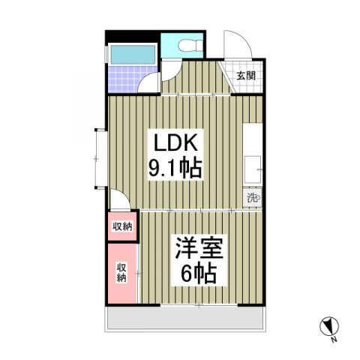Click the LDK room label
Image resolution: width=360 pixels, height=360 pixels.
click(x=175, y=142)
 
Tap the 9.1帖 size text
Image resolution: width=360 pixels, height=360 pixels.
click(x=175, y=167)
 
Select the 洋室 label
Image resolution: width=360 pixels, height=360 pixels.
click(x=199, y=248)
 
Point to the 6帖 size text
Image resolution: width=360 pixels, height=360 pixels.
click(x=199, y=273)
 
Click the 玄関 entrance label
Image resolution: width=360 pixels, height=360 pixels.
click(x=246, y=76)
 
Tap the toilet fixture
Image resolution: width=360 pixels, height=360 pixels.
click(x=190, y=45)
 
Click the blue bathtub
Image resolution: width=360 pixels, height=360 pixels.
click(x=133, y=55)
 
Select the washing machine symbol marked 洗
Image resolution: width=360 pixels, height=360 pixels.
click(x=253, y=198)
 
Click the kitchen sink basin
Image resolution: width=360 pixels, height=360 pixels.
click(x=253, y=169)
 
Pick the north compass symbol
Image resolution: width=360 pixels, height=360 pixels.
click(x=329, y=326)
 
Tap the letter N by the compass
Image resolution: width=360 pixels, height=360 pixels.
click(x=334, y=340)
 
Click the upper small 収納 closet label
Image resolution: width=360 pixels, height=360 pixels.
click(x=122, y=226)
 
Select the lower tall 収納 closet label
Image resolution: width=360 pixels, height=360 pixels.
click(x=121, y=272)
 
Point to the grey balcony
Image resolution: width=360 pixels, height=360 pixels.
click(x=185, y=318)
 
